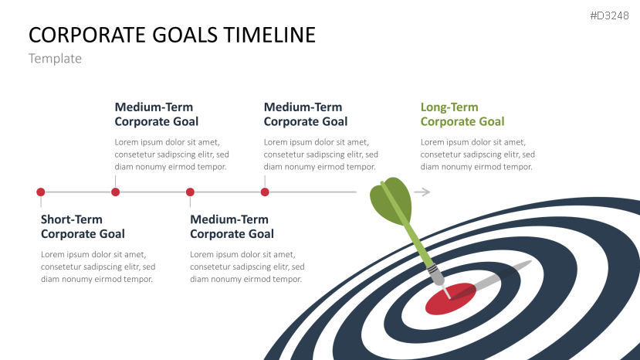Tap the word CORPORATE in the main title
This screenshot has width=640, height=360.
coord(82,35)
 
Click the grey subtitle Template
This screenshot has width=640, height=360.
coord(55,59)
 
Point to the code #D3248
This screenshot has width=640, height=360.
coord(610,15)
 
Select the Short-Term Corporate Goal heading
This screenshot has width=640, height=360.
coord(83,226)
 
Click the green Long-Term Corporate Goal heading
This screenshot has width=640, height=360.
coord(462,114)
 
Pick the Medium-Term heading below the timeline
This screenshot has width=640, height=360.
coord(232,226)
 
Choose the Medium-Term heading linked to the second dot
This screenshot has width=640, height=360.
coord(157,114)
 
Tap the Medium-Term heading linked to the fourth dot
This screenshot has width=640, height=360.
coord(306,114)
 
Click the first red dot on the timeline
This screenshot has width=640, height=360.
coord(41,192)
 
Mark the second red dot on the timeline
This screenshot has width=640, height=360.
coord(115,192)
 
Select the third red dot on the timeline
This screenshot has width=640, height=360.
coord(190,192)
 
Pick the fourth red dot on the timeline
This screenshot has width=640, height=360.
coord(265,192)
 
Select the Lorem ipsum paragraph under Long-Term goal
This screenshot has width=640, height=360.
coord(477,155)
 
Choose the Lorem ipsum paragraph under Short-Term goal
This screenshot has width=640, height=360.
coord(97,267)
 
